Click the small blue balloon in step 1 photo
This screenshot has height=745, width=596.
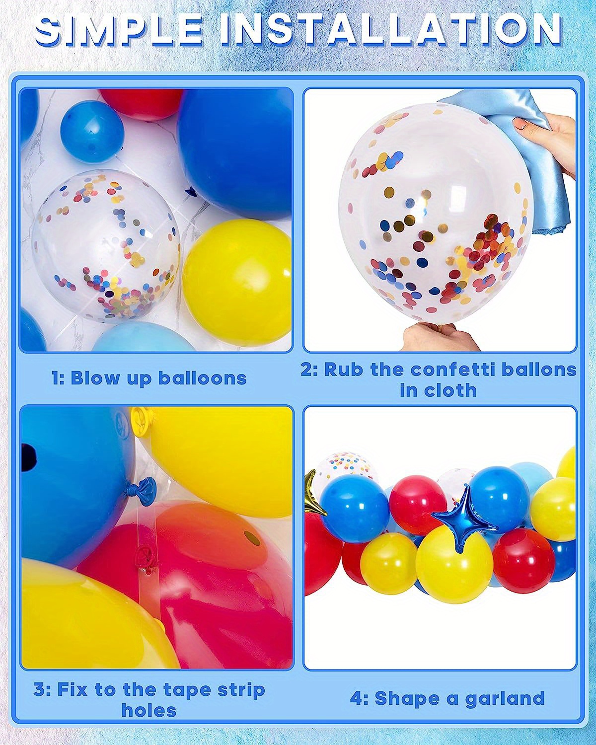click(92, 131)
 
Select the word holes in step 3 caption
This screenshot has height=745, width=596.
click(149, 711)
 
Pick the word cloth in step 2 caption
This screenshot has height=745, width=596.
click(452, 390)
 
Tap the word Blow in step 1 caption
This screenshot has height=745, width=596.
click(95, 378)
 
